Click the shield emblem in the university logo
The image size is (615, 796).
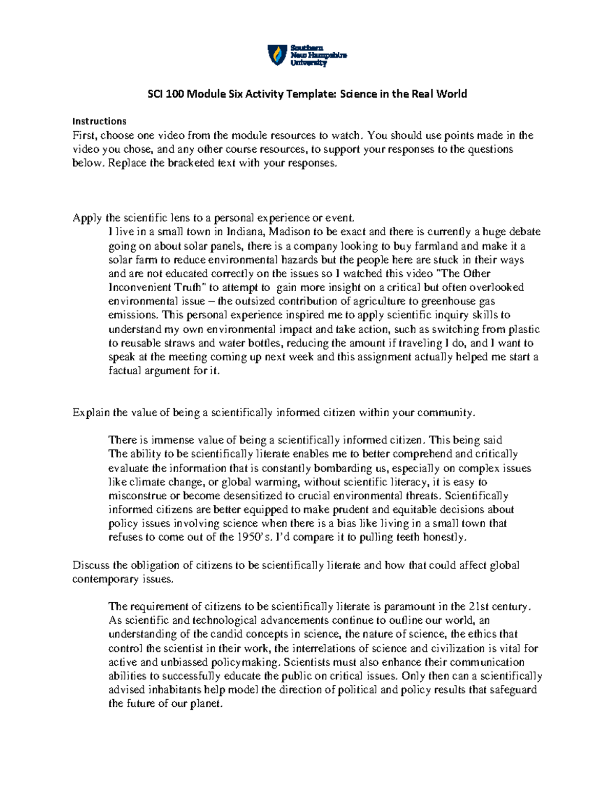277,55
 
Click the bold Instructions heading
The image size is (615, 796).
99,121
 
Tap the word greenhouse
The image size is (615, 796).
445,301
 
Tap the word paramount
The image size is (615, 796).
409,606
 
